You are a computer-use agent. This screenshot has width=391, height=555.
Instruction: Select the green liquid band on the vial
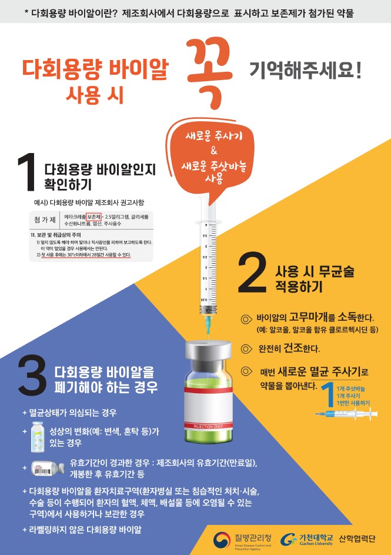[x=208, y=388]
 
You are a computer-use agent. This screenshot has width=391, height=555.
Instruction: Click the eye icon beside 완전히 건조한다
[x=247, y=348]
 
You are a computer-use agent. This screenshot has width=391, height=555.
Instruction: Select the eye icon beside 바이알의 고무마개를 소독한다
[x=247, y=318]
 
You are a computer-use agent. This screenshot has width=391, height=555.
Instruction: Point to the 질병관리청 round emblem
[x=222, y=539]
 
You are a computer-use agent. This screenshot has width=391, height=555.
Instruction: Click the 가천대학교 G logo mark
[x=289, y=539]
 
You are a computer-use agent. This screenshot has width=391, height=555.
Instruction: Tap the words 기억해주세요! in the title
[x=305, y=73]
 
